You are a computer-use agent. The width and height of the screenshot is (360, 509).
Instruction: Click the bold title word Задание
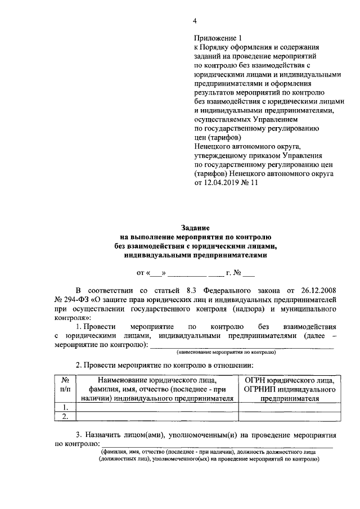coord(195,228)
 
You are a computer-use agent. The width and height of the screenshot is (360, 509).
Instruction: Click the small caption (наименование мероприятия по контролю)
coord(226,352)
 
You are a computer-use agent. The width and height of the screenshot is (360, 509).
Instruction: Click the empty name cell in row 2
coord(157,416)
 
